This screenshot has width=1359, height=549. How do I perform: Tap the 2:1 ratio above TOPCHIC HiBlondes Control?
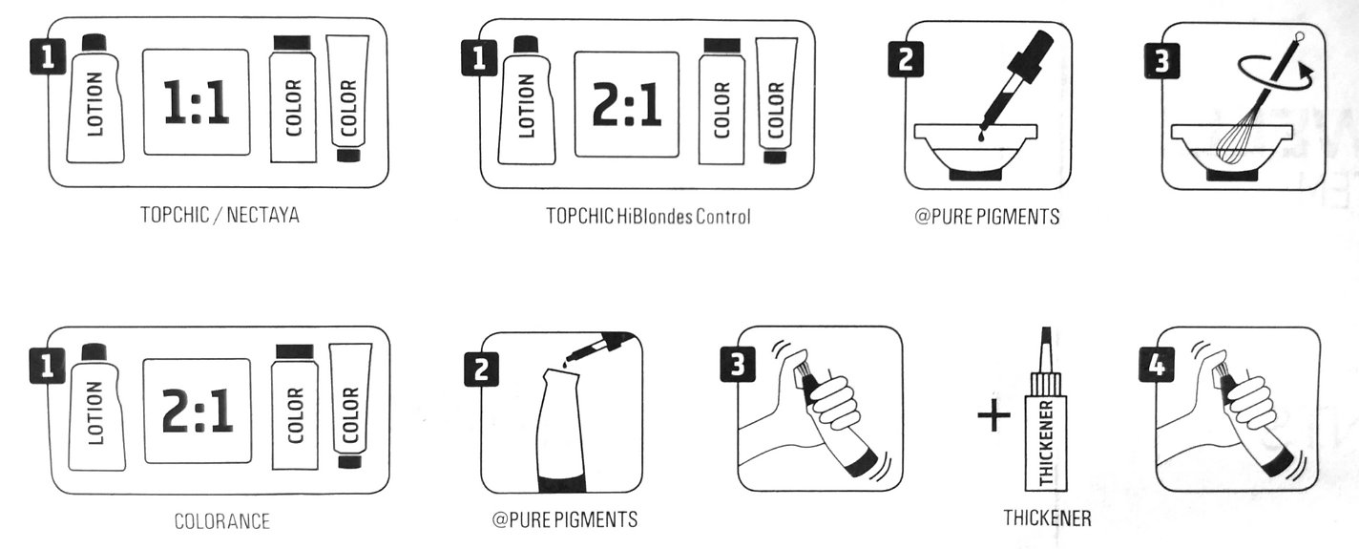(626, 105)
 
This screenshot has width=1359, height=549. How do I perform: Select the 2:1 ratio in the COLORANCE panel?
(198, 412)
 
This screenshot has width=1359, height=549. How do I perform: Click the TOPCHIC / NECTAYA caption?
(220, 215)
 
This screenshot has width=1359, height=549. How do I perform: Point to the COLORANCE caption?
(222, 521)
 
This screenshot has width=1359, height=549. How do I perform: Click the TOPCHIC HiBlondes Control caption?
(648, 216)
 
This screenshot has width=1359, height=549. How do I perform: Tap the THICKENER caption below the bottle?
(1047, 518)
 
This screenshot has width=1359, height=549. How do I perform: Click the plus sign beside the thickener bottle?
(993, 415)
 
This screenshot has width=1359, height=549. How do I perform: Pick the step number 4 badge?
(1157, 365)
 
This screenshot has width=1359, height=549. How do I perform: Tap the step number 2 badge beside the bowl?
(905, 59)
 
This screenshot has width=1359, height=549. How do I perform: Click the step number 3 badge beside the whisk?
(1161, 61)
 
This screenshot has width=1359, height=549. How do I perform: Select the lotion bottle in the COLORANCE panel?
(95, 407)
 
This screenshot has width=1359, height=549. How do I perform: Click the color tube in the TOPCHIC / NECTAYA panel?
(347, 98)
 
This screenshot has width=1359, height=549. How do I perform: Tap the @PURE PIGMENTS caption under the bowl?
(987, 216)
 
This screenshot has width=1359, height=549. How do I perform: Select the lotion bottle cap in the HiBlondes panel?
(526, 45)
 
